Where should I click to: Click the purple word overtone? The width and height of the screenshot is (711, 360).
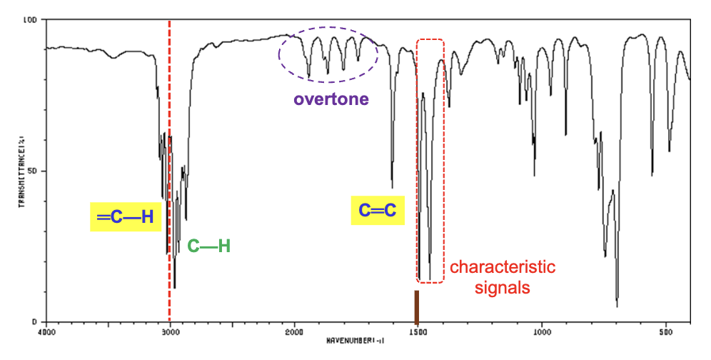pyautogui.click(x=331, y=99)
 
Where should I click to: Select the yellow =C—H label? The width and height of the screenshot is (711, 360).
pyautogui.click(x=125, y=216)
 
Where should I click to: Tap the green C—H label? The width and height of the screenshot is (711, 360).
pyautogui.click(x=208, y=246)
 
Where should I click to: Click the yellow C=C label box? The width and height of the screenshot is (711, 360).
pyautogui.click(x=377, y=211)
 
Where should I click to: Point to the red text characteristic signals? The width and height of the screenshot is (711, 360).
pyautogui.click(x=502, y=277)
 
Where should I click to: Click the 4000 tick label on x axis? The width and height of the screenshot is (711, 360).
pyautogui.click(x=46, y=332)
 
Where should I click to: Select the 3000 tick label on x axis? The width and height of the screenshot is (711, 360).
pyautogui.click(x=170, y=332)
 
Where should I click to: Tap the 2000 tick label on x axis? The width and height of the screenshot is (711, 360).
pyautogui.click(x=294, y=332)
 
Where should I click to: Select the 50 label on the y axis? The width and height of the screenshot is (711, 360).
pyautogui.click(x=33, y=171)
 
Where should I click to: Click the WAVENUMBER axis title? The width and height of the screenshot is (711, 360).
pyautogui.click(x=356, y=341)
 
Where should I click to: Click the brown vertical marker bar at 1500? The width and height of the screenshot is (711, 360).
pyautogui.click(x=417, y=306)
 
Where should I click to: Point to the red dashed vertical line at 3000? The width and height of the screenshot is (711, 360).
pyautogui.click(x=169, y=143)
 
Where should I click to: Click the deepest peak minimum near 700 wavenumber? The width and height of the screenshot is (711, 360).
pyautogui.click(x=617, y=306)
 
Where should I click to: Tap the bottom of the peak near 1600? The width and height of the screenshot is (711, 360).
pyautogui.click(x=392, y=187)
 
